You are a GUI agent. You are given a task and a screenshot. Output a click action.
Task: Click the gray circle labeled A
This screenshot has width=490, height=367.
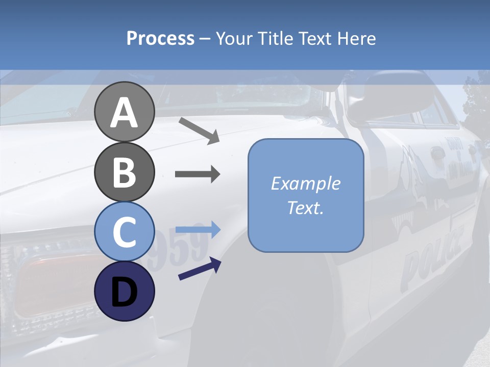124,112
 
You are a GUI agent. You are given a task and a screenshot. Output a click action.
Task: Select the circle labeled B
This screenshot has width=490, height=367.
124,172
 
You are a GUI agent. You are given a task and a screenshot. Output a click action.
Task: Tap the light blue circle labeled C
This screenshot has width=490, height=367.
124,232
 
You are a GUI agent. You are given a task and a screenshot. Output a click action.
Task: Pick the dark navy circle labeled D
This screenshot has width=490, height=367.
124,291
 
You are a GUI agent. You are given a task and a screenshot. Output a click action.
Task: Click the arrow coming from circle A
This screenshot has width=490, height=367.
199,130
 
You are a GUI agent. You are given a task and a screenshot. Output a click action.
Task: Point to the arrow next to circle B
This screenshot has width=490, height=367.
198,174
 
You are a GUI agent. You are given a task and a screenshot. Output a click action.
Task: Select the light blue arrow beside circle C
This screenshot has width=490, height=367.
198,230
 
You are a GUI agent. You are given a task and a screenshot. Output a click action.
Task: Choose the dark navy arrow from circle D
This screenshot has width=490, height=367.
200,269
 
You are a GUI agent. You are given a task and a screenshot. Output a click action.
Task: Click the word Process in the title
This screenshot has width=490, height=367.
160,38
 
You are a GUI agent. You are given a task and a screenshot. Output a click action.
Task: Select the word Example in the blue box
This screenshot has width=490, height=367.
305,183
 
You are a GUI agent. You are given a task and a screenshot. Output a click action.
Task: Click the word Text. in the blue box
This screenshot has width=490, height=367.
305,207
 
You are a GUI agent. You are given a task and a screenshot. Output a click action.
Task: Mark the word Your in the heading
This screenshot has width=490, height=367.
234,38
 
